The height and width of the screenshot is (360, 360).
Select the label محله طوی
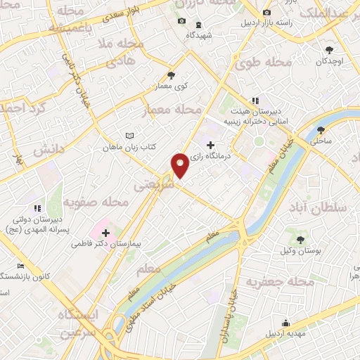pyautogui.click(x=271, y=64)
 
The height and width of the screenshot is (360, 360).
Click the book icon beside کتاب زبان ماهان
pyautogui.click(x=129, y=136)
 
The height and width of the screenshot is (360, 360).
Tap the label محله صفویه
pyautogui.click(x=96, y=203)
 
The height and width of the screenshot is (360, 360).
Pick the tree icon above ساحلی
pyautogui.click(x=321, y=130)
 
